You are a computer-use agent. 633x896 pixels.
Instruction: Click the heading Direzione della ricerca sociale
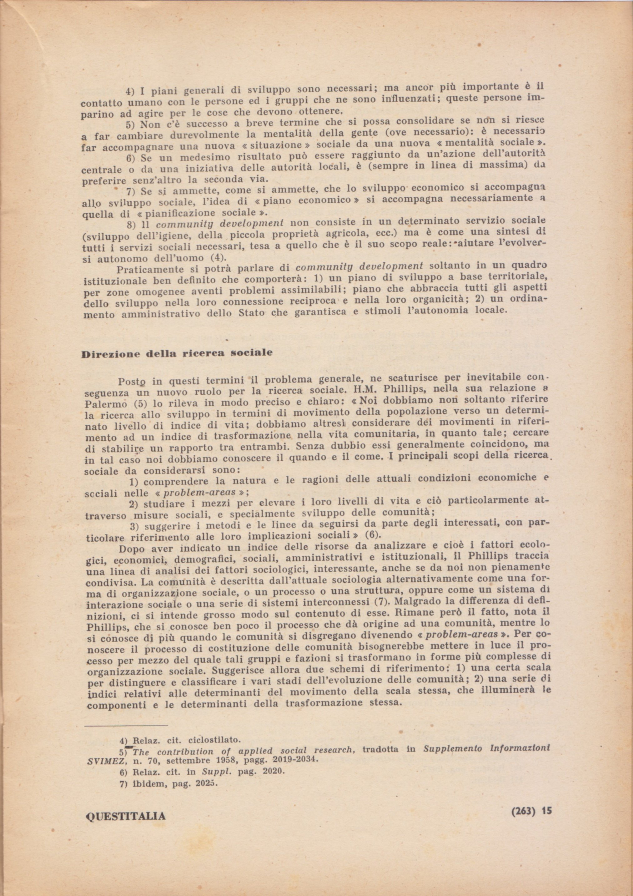177,354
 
